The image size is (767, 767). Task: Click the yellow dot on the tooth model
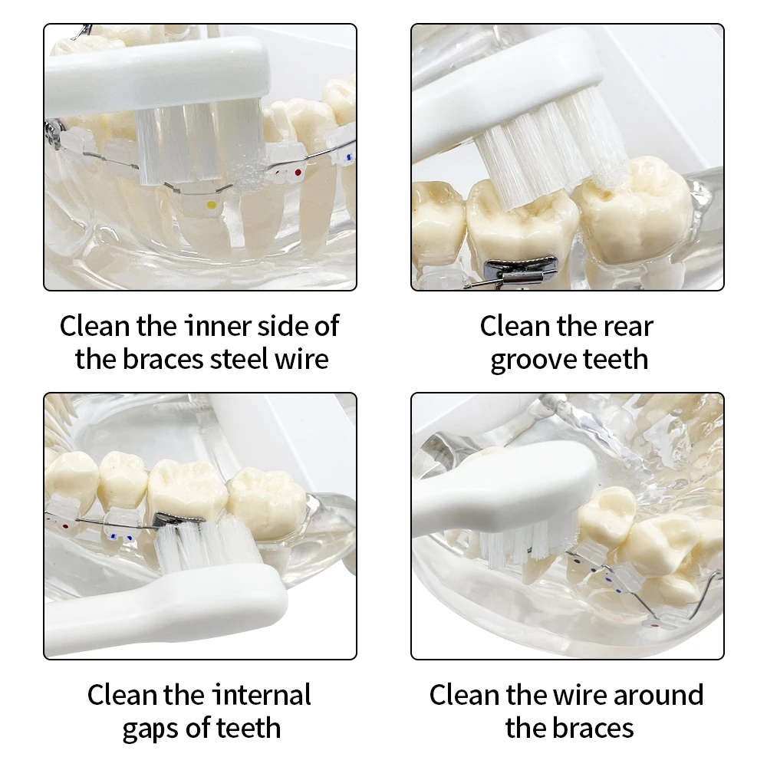212,205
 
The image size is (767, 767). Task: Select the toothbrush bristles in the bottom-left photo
206,545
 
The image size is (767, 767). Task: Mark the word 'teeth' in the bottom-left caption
249,729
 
